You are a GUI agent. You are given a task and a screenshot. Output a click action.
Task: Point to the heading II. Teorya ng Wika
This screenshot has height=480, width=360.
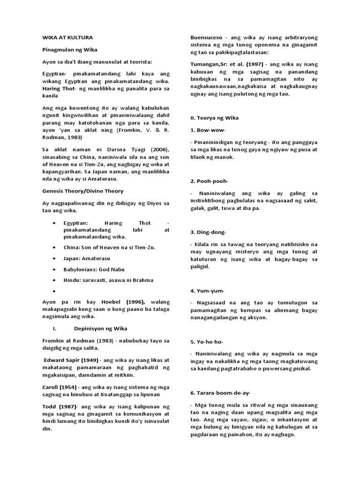(x=214, y=118)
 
